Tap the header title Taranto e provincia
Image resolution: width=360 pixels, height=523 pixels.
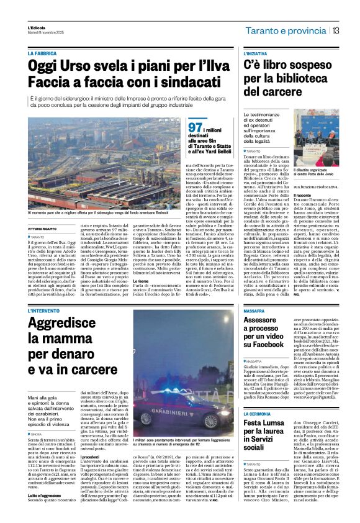[x=284, y=31]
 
